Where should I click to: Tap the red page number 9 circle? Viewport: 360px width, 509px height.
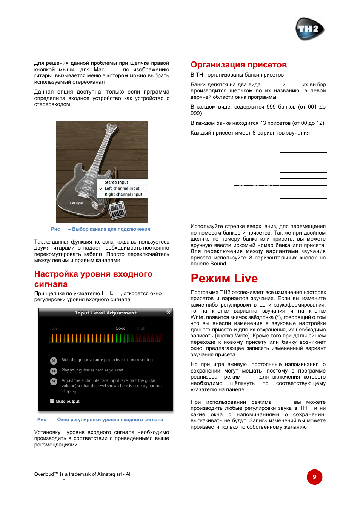point(314,477)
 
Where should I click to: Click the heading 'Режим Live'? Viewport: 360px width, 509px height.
point(224,278)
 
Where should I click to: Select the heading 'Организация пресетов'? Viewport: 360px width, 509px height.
point(238,65)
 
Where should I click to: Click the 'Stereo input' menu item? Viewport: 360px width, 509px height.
point(116,182)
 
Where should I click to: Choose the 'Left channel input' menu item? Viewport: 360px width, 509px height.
point(122,188)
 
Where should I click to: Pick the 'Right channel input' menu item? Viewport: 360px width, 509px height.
point(123,195)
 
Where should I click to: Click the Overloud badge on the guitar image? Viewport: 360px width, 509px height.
point(117,210)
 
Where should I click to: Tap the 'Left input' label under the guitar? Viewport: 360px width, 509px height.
point(76,203)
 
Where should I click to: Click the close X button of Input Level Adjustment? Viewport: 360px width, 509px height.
point(169,313)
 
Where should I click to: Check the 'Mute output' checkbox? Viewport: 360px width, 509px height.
point(52,401)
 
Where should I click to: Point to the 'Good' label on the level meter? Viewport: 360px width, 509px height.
point(120,328)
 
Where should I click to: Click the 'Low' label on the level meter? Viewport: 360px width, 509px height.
point(55,328)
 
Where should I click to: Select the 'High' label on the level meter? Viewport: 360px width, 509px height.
point(141,328)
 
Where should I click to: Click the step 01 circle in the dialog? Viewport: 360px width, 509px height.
point(54,360)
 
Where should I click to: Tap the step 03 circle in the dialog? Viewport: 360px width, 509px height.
point(54,382)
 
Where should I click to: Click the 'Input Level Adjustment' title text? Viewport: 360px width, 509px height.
point(106,313)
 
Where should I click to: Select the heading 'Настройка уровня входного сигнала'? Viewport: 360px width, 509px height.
point(93,279)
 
